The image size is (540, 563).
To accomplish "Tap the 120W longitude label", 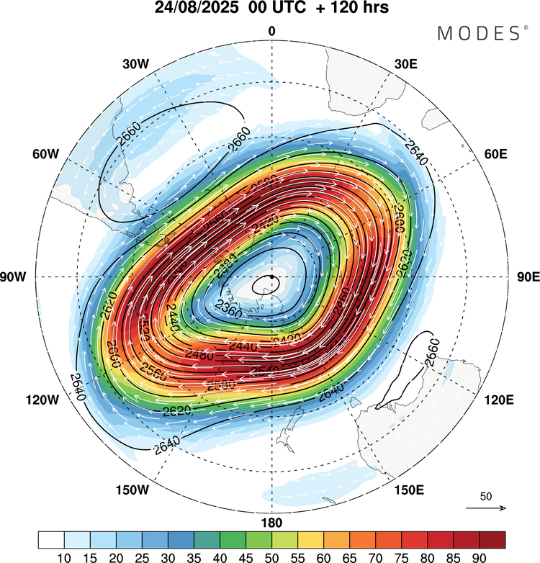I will [30, 400].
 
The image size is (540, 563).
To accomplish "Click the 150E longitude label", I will [408, 490].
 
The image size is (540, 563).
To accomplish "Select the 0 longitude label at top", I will [271, 32].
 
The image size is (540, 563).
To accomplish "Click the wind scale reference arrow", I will [486, 508].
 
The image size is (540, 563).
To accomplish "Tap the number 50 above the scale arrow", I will [486, 497].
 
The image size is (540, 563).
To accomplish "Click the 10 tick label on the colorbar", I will [64, 556].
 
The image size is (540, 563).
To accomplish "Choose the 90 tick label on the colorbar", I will [479, 556].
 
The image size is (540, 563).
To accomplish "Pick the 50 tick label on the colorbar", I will [271, 556].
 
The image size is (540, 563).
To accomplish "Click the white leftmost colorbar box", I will [51, 540].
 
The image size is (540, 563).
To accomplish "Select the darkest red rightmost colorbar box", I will [492, 540].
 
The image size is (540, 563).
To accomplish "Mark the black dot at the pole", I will [271, 276].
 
